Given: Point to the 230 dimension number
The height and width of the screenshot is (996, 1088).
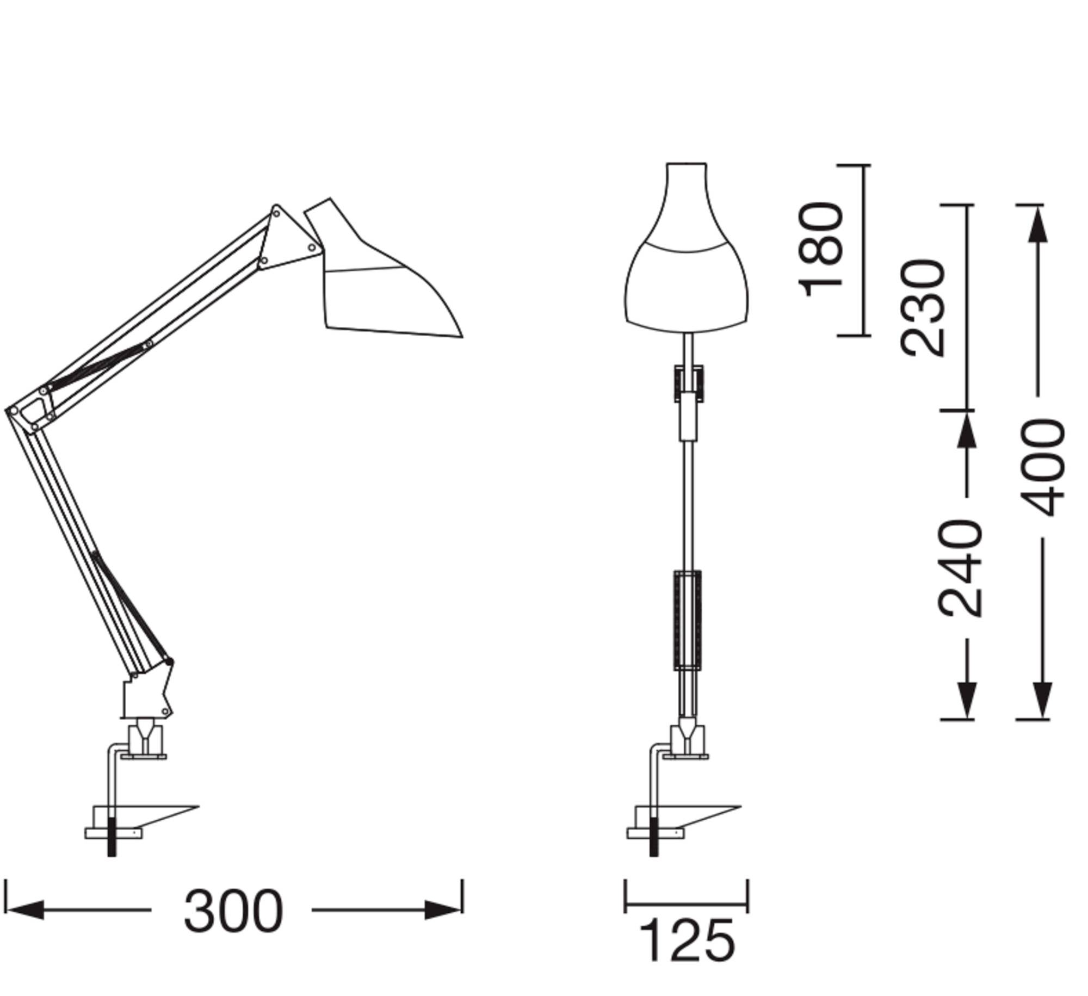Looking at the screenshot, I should pyautogui.click(x=923, y=308).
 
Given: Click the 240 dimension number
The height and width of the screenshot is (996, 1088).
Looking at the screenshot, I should pyautogui.click(x=961, y=568).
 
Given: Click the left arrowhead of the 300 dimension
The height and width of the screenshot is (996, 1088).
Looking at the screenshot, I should pyautogui.click(x=24, y=910).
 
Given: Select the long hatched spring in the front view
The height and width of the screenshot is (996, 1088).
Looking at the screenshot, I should pyautogui.click(x=688, y=620).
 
